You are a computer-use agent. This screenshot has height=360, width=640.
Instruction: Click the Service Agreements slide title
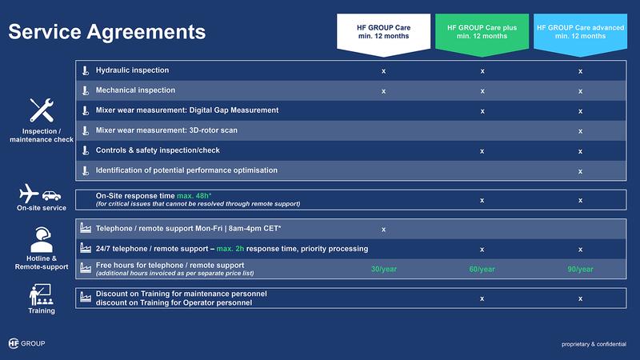click(x=107, y=32)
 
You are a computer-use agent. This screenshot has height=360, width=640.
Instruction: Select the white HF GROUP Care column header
click(x=384, y=34)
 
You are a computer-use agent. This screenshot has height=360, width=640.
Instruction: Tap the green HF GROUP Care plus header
click(x=482, y=34)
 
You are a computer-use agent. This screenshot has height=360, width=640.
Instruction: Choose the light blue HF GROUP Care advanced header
click(x=581, y=34)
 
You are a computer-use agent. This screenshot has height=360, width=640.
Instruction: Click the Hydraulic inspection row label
click(x=132, y=70)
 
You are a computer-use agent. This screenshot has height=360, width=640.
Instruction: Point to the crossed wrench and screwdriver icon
click(x=42, y=110)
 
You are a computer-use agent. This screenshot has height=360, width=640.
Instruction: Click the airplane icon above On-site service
click(x=29, y=193)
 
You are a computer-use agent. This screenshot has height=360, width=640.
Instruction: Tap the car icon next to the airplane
click(x=51, y=196)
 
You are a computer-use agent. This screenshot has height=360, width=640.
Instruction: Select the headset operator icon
click(x=42, y=239)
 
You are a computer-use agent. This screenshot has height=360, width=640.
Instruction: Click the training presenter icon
click(x=41, y=294)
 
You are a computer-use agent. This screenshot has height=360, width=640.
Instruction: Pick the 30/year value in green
click(x=384, y=270)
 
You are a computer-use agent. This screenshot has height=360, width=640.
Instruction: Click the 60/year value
click(x=482, y=270)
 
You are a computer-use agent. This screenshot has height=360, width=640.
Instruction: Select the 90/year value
click(x=581, y=270)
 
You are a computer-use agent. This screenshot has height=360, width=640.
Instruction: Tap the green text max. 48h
click(x=194, y=196)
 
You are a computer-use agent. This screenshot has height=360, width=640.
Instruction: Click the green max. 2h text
click(x=230, y=249)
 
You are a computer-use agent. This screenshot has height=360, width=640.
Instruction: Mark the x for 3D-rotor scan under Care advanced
click(x=581, y=131)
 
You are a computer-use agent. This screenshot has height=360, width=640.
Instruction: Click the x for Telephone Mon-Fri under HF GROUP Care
click(x=384, y=230)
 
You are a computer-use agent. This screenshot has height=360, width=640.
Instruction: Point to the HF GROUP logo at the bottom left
click(x=26, y=343)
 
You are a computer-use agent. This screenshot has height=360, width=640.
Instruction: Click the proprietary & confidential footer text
click(x=594, y=344)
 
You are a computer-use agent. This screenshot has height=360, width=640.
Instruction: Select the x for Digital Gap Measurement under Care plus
click(x=482, y=111)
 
